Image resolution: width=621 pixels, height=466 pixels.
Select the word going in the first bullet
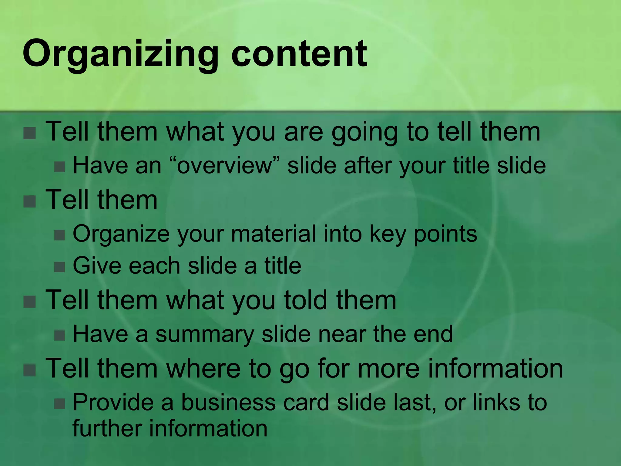pyautogui.click(x=364, y=132)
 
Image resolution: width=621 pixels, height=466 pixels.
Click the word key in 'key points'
pyautogui.click(x=388, y=235)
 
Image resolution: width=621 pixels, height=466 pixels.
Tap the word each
pyautogui.click(x=154, y=266)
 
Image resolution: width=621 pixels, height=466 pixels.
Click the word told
pyautogui.click(x=306, y=300)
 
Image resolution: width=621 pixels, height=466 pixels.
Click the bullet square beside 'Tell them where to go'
pyautogui.click(x=30, y=370)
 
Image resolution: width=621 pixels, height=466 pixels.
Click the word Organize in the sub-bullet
pyautogui.click(x=121, y=235)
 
